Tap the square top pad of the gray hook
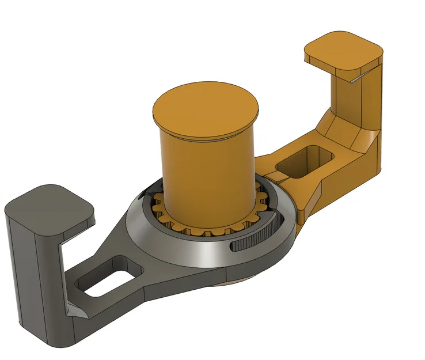(49, 210)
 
